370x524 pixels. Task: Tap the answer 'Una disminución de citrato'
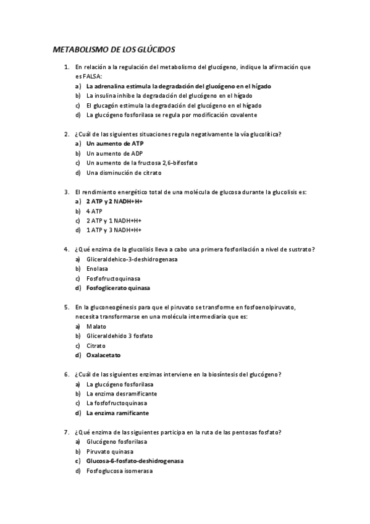tap(124, 173)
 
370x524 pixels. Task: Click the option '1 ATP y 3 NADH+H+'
tap(114, 230)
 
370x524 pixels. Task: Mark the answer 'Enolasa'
tap(99, 269)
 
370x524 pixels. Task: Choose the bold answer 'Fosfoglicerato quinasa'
tap(118, 288)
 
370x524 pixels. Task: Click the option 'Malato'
tap(96, 326)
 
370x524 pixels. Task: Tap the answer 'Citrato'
tap(96, 345)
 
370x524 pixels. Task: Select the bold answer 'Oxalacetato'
tap(104, 355)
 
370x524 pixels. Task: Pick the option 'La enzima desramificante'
tap(122, 394)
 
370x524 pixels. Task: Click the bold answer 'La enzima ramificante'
tap(117, 413)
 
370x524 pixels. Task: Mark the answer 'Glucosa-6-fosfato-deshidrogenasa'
tap(135, 461)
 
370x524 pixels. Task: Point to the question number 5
tap(66, 306)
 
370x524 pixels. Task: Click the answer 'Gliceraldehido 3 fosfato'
tap(120, 336)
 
